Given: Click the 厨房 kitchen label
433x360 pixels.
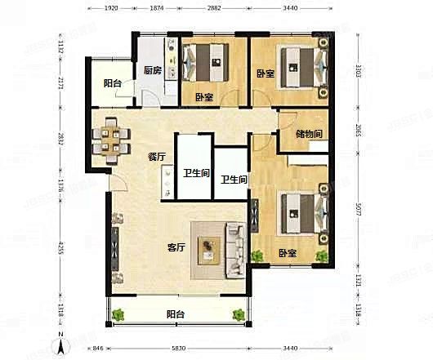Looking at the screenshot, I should click(151, 70).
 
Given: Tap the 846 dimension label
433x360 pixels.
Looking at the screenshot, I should click(97, 349).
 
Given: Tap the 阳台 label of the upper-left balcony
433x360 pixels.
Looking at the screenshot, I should click(113, 82).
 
